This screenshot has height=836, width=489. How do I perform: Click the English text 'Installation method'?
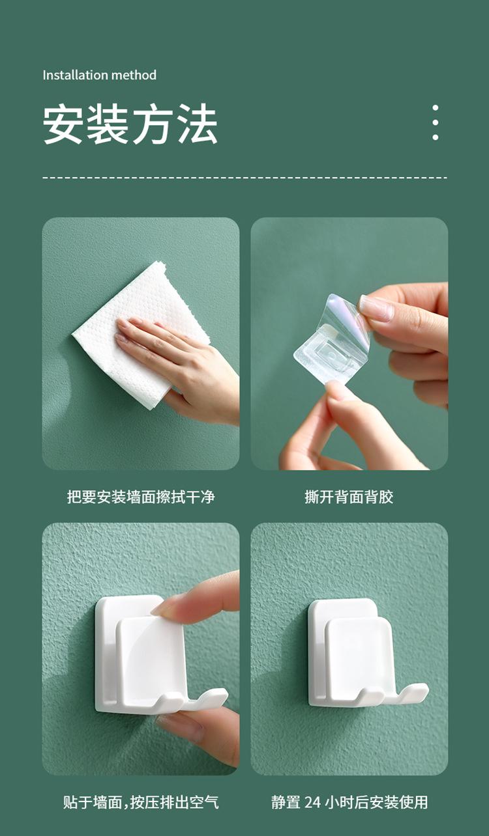(100, 75)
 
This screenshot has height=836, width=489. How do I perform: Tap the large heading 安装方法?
(130, 124)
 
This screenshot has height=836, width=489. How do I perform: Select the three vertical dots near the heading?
(435, 122)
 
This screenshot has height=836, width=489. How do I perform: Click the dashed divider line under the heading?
(245, 178)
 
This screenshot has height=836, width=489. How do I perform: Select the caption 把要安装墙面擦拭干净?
(141, 497)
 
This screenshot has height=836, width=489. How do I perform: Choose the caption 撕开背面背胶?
(349, 497)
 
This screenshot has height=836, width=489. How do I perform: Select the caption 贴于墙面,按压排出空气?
(141, 802)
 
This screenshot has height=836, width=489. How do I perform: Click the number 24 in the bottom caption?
(312, 802)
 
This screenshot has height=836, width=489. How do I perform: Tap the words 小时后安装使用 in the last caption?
(376, 802)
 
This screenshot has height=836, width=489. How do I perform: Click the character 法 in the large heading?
(198, 124)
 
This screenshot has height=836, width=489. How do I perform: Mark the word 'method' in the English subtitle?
(134, 75)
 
